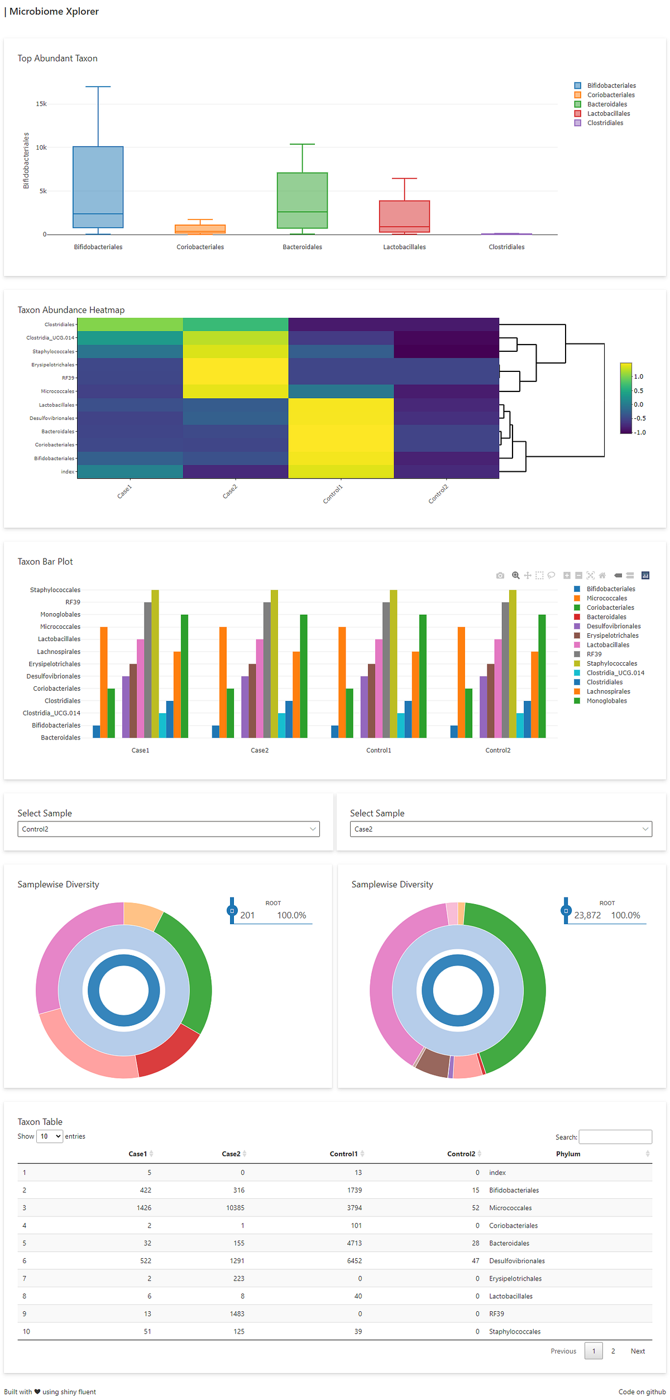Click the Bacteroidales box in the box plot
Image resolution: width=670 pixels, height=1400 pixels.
click(302, 200)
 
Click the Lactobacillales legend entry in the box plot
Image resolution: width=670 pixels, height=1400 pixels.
click(607, 113)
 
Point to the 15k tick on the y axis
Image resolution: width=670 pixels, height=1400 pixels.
click(41, 104)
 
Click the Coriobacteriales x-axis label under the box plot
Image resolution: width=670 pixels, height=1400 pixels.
click(200, 247)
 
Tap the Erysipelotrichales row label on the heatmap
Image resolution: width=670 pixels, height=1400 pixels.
click(52, 365)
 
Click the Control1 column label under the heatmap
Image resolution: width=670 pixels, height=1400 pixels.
click(333, 494)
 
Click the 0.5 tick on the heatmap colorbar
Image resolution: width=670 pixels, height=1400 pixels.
click(638, 391)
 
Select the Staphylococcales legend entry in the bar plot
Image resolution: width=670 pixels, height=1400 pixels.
click(611, 663)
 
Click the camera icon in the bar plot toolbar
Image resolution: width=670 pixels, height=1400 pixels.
click(500, 575)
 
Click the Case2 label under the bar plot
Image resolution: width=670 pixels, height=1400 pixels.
click(260, 750)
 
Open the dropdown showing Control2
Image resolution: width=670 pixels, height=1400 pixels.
click(168, 829)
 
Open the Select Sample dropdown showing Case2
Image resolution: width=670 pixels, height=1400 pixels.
click(500, 829)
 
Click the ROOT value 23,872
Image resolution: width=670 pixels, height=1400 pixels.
click(587, 915)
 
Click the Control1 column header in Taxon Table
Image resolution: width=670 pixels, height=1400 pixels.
click(343, 1154)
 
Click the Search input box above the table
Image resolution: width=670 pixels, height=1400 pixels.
click(615, 1136)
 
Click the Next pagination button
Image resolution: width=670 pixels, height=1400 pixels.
click(637, 1351)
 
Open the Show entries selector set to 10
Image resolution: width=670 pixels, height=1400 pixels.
click(49, 1136)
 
